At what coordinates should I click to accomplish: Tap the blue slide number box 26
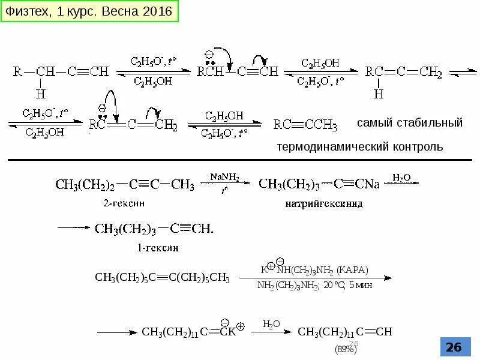[x=454, y=347]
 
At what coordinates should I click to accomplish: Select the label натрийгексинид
[x=324, y=203]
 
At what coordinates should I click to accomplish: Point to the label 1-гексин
[x=158, y=247]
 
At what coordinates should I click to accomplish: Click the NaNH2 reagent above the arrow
[x=224, y=177]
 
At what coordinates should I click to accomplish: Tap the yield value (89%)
[x=346, y=349]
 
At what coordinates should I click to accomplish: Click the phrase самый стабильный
[x=410, y=123]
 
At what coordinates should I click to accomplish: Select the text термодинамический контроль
[x=360, y=147]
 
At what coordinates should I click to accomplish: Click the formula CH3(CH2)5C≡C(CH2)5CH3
[x=163, y=277]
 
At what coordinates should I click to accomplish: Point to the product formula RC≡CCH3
[x=305, y=125]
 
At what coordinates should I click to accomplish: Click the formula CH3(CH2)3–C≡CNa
[x=319, y=184]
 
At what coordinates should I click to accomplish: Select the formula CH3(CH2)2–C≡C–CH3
[x=125, y=184]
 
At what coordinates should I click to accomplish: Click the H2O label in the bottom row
[x=271, y=324]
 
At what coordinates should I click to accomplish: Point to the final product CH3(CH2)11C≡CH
[x=345, y=332]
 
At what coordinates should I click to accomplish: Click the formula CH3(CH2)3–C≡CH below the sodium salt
[x=154, y=229]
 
